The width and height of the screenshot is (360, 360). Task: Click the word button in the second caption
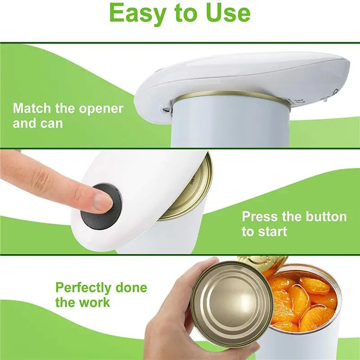tap(324, 216)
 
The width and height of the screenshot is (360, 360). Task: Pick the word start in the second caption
tap(273, 232)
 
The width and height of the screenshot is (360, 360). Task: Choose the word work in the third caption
tap(95, 301)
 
